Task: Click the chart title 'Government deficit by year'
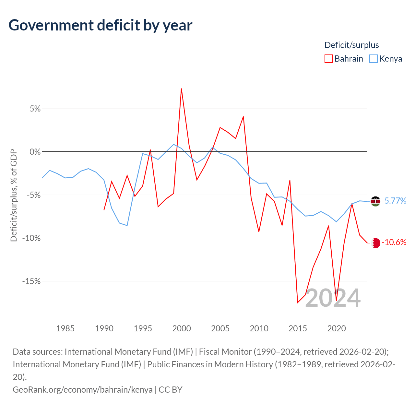pos(101,25)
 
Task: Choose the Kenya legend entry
pos(386,59)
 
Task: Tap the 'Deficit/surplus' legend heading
pos(351,45)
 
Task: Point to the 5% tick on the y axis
pos(35,109)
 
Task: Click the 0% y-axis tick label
pos(35,152)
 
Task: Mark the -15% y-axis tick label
pos(31,281)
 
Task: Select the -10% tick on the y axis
pos(31,238)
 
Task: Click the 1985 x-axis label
pos(65,328)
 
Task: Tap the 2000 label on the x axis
pos(182,328)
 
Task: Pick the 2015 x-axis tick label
pos(298,328)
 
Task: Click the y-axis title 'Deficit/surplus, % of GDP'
pos(14,195)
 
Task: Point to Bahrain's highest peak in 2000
pos(181,89)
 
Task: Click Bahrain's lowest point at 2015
pos(298,302)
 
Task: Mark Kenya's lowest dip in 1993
pos(127,225)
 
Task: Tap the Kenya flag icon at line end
pos(375,201)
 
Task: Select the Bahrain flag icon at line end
pos(375,243)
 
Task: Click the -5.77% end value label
pos(394,201)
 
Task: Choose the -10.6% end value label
pos(394,243)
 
